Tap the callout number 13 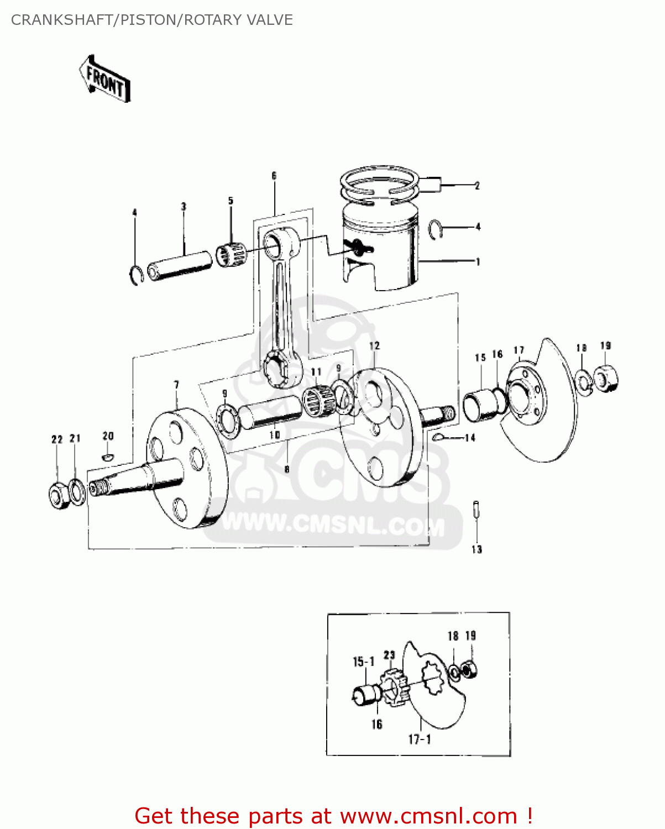[x=477, y=549]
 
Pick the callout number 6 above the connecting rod [x=274, y=176]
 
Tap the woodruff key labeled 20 [x=108, y=457]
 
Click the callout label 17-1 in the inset [x=420, y=739]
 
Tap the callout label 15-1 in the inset [x=364, y=662]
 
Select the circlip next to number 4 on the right [x=437, y=229]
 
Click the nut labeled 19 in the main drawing [x=606, y=379]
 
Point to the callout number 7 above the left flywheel [x=176, y=385]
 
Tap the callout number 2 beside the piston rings [x=477, y=186]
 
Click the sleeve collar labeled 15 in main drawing [x=480, y=405]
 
